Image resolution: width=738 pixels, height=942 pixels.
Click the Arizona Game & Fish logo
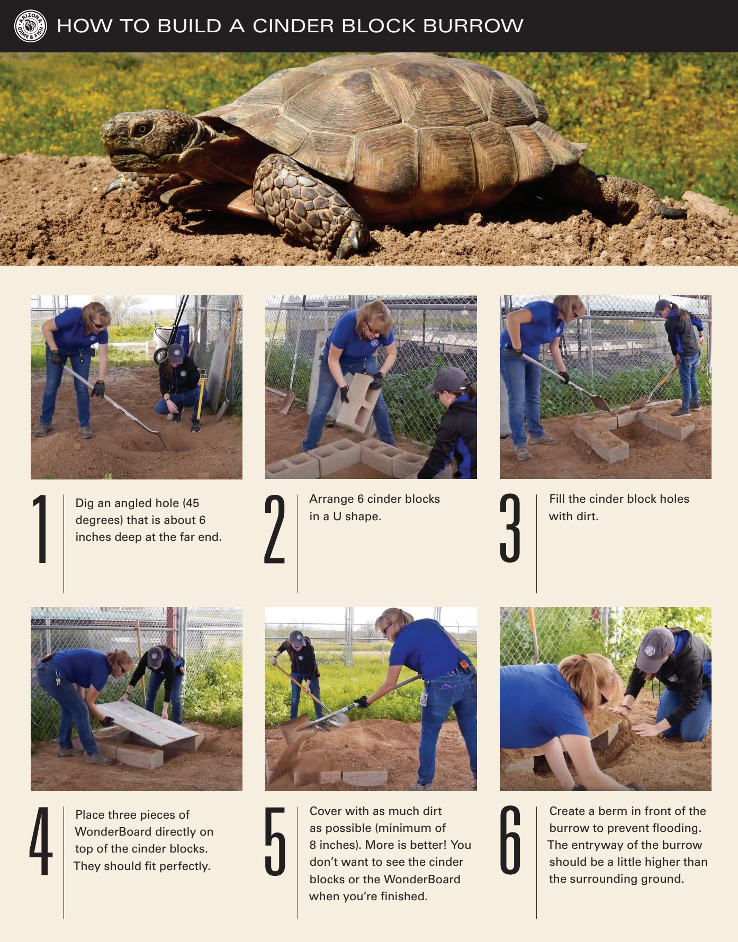(31, 26)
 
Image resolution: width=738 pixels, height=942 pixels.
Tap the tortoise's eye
(141, 128)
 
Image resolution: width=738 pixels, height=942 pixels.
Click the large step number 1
(40, 529)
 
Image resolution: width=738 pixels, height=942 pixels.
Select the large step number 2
(275, 529)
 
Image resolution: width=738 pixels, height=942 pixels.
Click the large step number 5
(275, 841)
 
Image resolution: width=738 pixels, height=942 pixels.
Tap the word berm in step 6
(614, 811)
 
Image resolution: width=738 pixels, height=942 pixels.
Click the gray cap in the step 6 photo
(654, 649)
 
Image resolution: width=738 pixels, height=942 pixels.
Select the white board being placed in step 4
(148, 723)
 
